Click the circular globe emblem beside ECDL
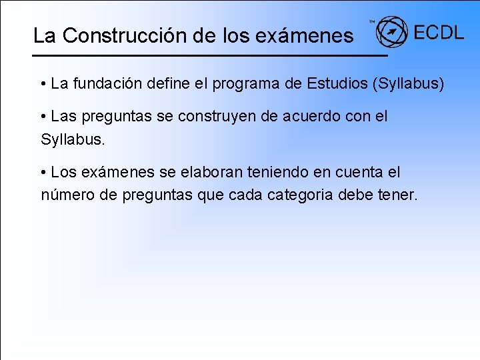coord(391,31)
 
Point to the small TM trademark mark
coord(372,22)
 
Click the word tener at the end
coord(400,195)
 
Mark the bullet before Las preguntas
coord(43,117)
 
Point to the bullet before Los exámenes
coord(43,173)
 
